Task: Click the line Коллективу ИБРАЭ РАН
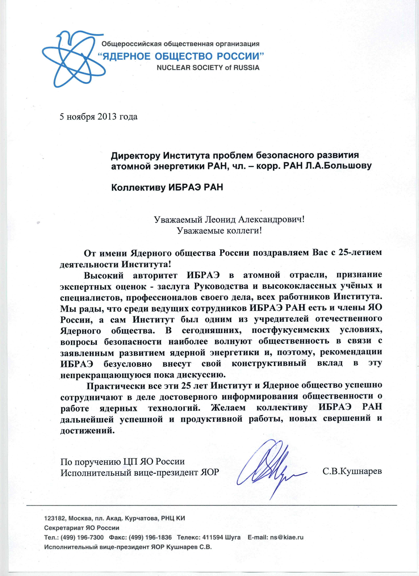coord(167,187)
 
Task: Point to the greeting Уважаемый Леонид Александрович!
coord(229,219)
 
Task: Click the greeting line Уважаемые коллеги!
coord(219,231)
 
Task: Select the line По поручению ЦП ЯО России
coord(122,461)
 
